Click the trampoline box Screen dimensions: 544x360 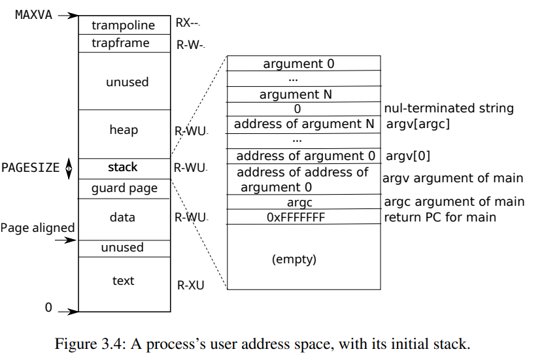coord(124,25)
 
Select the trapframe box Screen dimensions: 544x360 coord(124,43)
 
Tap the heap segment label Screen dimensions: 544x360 coord(124,130)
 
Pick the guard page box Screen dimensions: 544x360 coord(124,189)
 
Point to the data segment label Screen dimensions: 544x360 coord(122,218)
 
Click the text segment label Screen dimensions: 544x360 coord(123,280)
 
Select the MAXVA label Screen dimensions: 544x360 coord(33,15)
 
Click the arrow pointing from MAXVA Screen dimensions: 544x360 coord(69,16)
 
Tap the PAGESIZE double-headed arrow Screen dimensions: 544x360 coord(69,169)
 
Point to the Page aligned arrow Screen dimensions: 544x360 coord(66,240)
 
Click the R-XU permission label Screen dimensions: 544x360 coord(190,286)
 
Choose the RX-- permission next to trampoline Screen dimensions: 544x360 coord(188,23)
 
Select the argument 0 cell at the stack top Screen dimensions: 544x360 coord(304,63)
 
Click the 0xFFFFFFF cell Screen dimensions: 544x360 coord(304,216)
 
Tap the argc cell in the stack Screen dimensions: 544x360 coord(304,201)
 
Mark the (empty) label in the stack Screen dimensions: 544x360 coord(294,259)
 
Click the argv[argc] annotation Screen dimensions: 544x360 coord(418,124)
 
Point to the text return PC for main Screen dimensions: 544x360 coord(440,218)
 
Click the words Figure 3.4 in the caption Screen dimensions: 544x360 coord(88,344)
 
